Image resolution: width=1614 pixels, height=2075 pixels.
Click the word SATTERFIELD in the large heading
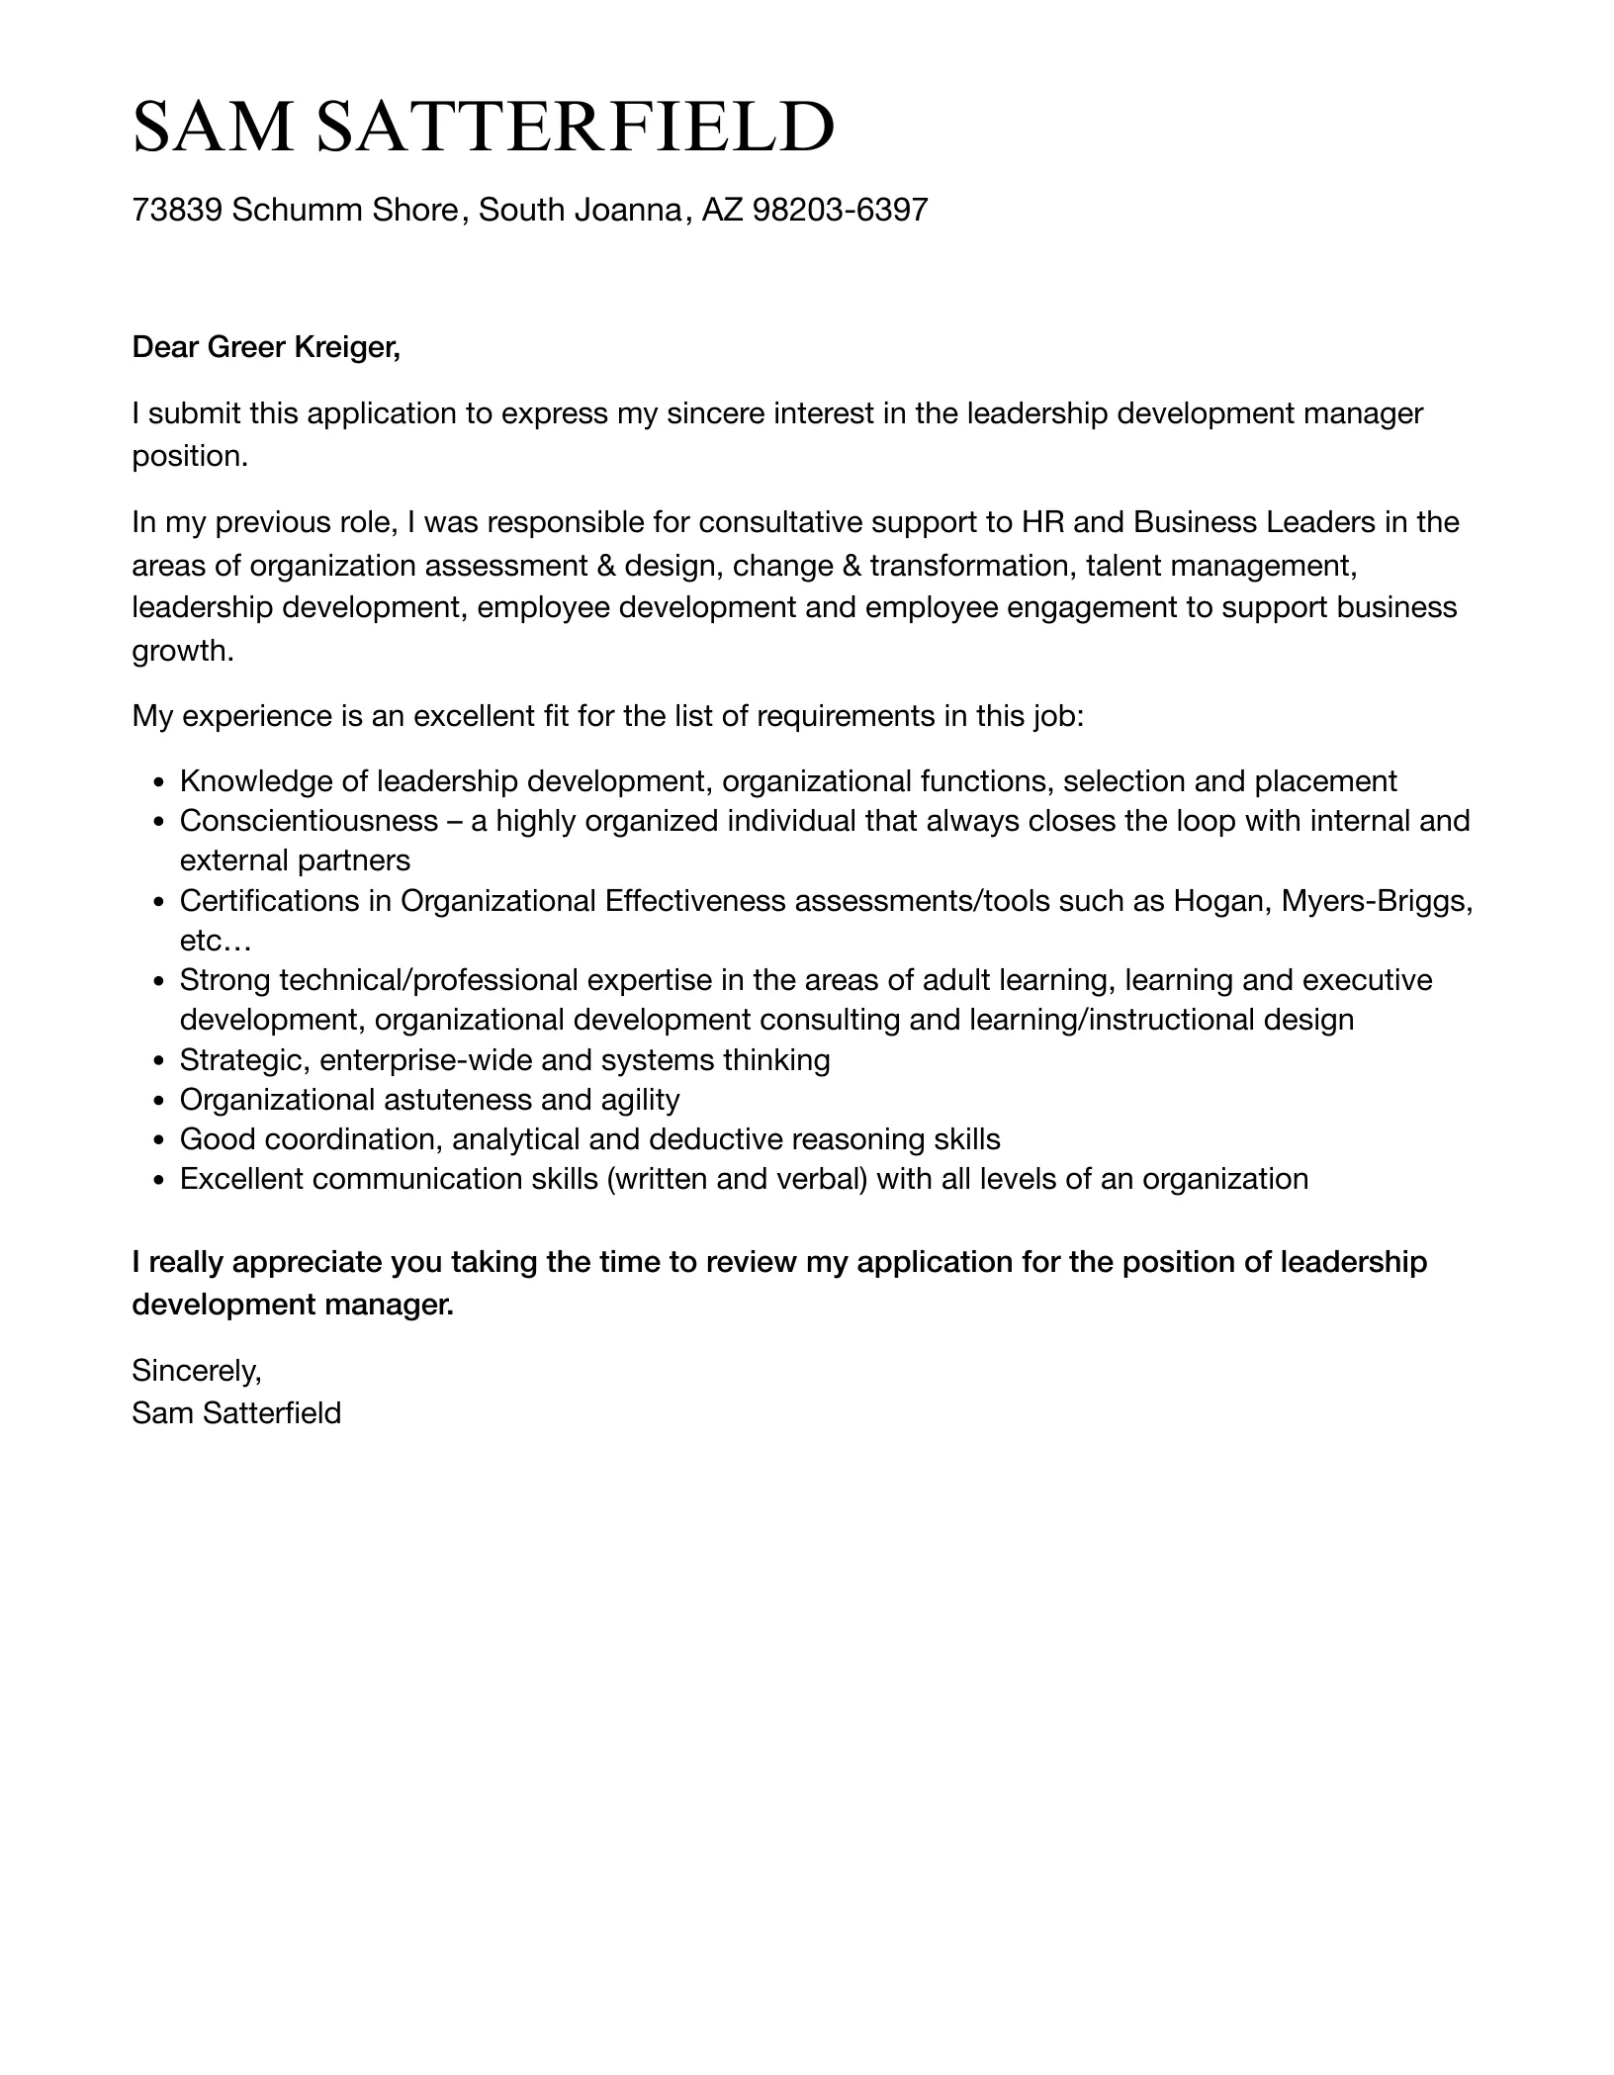pos(576,128)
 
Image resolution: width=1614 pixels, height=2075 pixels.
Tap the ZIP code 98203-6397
pos(840,210)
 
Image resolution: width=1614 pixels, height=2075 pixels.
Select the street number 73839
pos(177,210)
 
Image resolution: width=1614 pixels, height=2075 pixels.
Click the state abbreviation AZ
pos(722,210)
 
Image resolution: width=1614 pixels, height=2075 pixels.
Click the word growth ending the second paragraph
pos(182,652)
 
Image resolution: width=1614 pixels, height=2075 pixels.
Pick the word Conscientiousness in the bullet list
pos(309,821)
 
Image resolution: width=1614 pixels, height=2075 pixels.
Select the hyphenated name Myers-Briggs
pos(1374,901)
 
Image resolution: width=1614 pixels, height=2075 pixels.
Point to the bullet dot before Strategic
pos(159,1061)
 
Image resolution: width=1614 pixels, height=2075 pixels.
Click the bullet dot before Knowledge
pos(159,782)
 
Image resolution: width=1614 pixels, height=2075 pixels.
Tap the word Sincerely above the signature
pos(196,1371)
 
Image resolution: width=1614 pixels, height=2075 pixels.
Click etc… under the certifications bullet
pos(216,941)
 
